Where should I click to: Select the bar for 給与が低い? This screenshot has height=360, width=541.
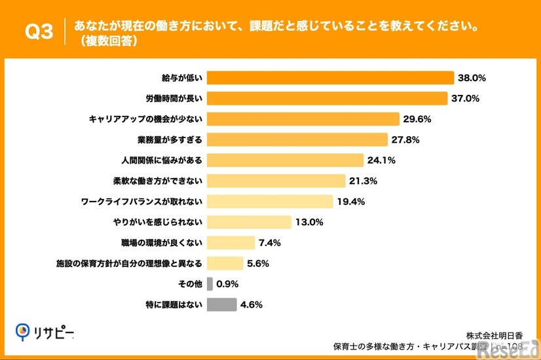330,78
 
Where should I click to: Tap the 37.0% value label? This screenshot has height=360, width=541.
466,98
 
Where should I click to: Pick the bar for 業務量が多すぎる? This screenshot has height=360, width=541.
297,139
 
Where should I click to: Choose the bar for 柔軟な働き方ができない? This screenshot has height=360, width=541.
276,181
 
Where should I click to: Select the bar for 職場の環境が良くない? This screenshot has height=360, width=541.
231,243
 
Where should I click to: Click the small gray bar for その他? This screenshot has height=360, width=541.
210,284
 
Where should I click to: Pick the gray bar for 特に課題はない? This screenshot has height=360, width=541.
221,304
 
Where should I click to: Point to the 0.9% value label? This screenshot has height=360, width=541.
227,284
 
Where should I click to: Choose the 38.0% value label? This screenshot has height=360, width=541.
472,78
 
